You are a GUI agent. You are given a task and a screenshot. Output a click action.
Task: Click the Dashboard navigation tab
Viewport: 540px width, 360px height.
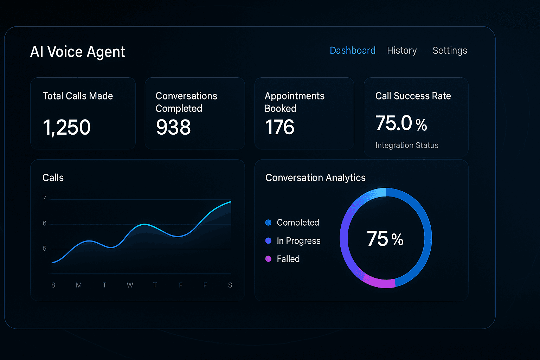353,51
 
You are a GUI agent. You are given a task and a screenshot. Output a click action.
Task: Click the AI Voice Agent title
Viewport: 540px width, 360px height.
77,52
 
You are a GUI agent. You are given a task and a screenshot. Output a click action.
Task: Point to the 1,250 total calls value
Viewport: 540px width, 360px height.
66,128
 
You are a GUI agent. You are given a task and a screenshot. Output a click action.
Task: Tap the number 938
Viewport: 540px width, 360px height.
173,127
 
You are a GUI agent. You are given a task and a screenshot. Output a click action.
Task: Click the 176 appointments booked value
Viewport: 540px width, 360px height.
279,127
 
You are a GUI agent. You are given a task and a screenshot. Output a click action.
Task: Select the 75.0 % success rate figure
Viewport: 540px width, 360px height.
401,123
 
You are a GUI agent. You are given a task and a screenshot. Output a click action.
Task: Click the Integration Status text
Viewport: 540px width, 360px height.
407,145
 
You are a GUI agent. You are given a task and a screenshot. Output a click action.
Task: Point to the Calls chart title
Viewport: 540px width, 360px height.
53,178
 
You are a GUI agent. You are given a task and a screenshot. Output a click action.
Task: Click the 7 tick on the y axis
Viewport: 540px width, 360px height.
44,198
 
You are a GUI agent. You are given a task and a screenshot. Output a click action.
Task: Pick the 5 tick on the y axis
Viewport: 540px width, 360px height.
45,248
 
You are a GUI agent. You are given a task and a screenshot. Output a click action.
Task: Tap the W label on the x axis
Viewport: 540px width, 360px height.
130,285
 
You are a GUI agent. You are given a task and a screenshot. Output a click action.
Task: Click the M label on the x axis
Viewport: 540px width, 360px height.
79,285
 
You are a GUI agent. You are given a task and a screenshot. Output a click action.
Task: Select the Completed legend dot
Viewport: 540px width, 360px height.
268,222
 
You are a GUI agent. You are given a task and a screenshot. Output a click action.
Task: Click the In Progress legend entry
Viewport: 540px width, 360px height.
293,240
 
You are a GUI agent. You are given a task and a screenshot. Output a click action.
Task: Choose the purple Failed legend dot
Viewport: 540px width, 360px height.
268,259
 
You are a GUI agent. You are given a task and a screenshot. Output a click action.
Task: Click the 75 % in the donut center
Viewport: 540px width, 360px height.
385,238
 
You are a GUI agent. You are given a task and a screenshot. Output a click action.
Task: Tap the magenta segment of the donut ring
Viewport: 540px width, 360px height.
379,283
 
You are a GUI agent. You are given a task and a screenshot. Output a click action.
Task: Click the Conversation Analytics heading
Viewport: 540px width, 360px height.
315,178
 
